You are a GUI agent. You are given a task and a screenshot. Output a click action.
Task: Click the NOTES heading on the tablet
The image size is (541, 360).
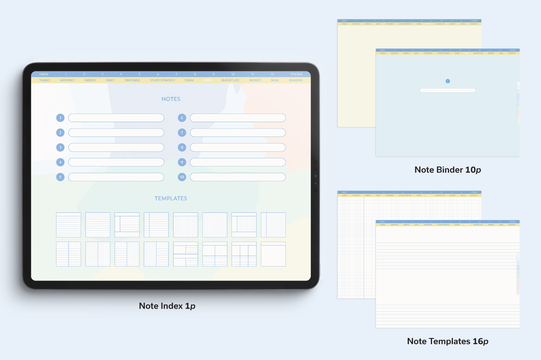[x=171, y=99]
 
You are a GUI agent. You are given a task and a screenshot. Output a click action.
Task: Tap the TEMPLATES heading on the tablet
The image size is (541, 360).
[x=171, y=199]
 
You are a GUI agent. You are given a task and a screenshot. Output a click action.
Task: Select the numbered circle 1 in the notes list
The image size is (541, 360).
[x=60, y=118]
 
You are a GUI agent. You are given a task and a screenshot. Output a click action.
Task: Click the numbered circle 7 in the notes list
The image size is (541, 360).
[x=182, y=133]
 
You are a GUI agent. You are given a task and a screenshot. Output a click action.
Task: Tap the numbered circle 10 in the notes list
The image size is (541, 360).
[x=182, y=177]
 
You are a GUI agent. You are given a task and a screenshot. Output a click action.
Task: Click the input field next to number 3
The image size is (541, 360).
[x=116, y=148]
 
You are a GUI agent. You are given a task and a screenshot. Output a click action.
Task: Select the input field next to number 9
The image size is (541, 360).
[x=238, y=162]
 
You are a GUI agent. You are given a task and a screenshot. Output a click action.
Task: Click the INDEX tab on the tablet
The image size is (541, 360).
[x=44, y=74]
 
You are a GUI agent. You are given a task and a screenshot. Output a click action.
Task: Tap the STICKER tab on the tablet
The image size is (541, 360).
[x=296, y=74]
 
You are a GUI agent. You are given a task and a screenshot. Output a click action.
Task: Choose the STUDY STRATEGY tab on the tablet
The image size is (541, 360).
[x=163, y=80]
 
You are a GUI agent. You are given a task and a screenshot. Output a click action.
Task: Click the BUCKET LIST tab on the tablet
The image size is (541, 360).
[x=230, y=80]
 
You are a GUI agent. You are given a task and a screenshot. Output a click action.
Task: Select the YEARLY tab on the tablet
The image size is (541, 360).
[x=45, y=80]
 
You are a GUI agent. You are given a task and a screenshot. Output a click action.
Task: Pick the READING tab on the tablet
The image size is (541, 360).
[x=296, y=80]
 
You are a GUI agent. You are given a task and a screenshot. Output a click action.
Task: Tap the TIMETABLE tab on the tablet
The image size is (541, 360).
[x=132, y=80]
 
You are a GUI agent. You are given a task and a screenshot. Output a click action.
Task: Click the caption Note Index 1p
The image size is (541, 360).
[x=167, y=306]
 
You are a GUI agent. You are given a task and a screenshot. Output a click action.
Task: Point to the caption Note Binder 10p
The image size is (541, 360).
[x=447, y=170]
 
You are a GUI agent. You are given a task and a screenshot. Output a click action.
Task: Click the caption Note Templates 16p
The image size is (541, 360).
[x=447, y=341]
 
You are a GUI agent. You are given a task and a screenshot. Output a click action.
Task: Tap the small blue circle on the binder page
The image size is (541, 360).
[x=448, y=81]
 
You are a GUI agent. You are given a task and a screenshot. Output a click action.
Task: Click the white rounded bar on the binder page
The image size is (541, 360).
[x=447, y=90]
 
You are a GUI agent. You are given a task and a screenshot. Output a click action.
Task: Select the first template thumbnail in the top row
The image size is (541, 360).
[x=68, y=225]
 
